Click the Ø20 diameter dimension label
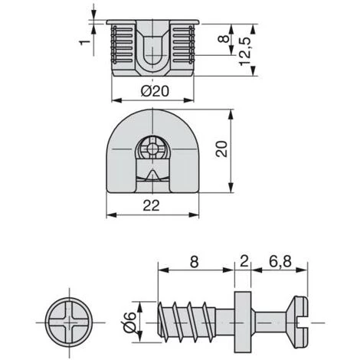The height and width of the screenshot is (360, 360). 155,91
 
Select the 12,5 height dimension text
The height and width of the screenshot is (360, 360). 245,52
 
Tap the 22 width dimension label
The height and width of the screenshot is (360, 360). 151,205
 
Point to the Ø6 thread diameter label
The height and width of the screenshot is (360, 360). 129,322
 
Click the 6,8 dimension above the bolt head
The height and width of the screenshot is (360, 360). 280,262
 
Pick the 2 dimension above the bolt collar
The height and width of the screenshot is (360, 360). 244,261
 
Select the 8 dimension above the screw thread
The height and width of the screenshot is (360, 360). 195,262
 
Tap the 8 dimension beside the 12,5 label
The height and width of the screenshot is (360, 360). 224,39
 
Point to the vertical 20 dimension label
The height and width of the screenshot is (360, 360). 221,149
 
